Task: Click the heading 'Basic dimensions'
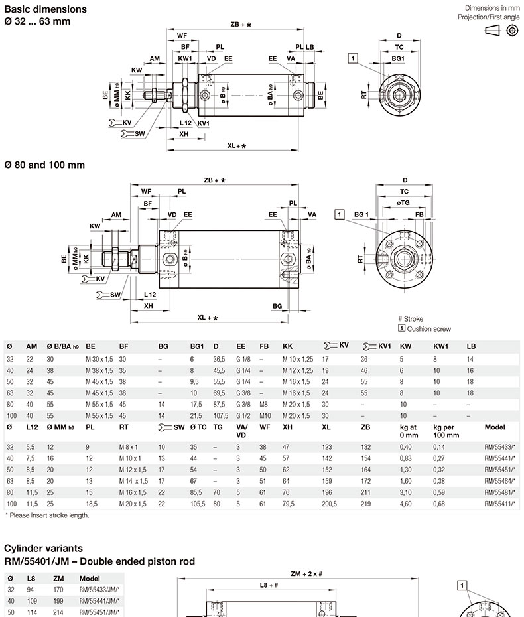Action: pos(45,9)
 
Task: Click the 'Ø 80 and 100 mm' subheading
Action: pos(45,165)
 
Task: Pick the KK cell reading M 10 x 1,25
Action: pos(297,359)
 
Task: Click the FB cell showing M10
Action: pos(265,415)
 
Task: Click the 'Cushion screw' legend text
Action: pos(428,328)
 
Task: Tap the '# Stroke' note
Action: pos(410,319)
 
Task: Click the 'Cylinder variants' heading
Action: pos(43,549)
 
